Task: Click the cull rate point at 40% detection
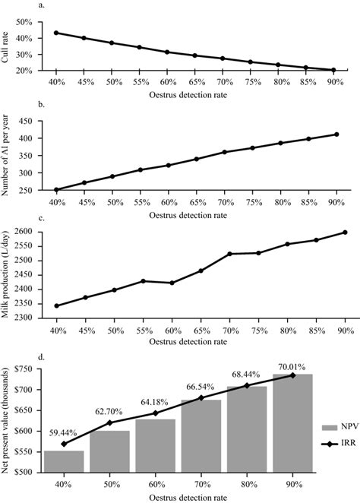tap(56, 33)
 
